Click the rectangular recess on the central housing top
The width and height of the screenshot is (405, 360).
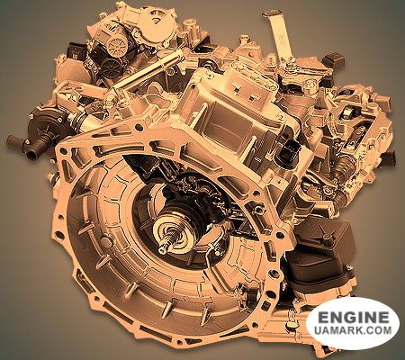229,121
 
